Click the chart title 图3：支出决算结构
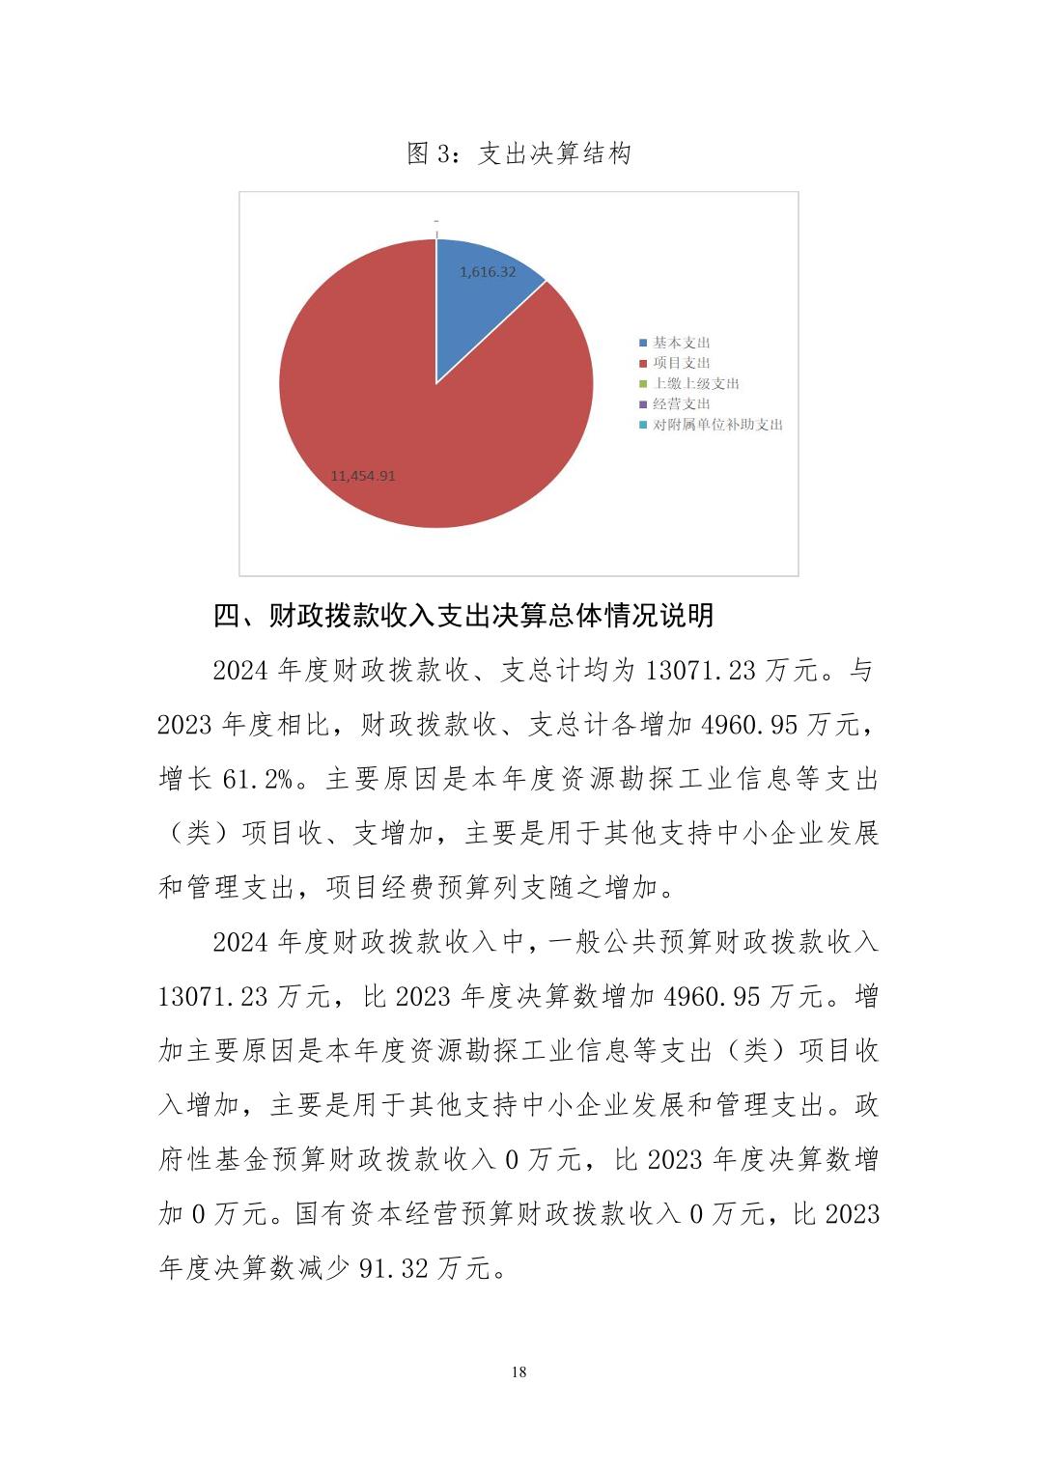pyautogui.click(x=518, y=153)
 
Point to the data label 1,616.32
pyautogui.click(x=488, y=272)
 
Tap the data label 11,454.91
pyautogui.click(x=363, y=476)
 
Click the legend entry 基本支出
pyautogui.click(x=682, y=343)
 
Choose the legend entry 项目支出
pyautogui.click(x=682, y=363)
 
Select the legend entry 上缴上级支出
pyautogui.click(x=696, y=383)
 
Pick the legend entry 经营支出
pyautogui.click(x=682, y=403)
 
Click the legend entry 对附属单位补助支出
pyautogui.click(x=717, y=425)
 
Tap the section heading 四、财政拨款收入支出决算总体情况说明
pyautogui.click(x=463, y=615)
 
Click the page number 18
pyautogui.click(x=518, y=1371)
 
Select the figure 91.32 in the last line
pyautogui.click(x=393, y=1268)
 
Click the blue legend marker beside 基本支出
pyautogui.click(x=644, y=343)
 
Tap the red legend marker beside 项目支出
pyautogui.click(x=644, y=363)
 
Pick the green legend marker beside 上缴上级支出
pyautogui.click(x=644, y=384)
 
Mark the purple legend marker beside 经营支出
pyautogui.click(x=644, y=404)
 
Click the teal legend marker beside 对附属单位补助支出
pyautogui.click(x=644, y=425)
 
